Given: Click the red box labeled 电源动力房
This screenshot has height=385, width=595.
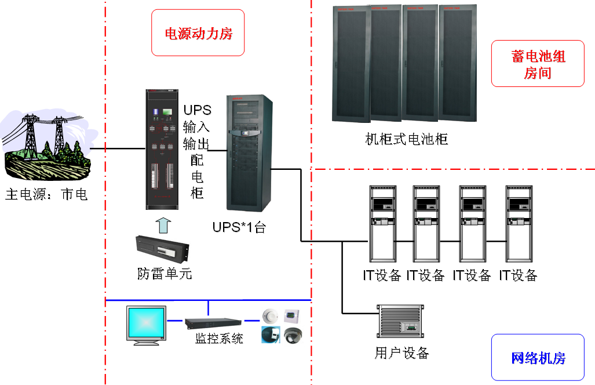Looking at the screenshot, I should click(x=198, y=33).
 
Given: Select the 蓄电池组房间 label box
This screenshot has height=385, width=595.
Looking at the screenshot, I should click(x=538, y=64).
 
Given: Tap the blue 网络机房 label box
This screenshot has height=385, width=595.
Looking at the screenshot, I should click(x=538, y=357).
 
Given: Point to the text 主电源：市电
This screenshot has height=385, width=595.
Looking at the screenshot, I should click(x=46, y=194).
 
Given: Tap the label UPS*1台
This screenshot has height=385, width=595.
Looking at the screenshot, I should click(x=239, y=227).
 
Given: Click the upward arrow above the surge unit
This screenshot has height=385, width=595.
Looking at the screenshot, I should click(x=164, y=224).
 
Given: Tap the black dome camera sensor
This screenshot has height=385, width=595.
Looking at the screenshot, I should click(x=293, y=335).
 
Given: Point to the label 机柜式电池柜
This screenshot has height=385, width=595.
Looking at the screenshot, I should click(x=407, y=139).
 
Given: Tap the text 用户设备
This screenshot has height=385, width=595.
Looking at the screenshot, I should click(x=401, y=353).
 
